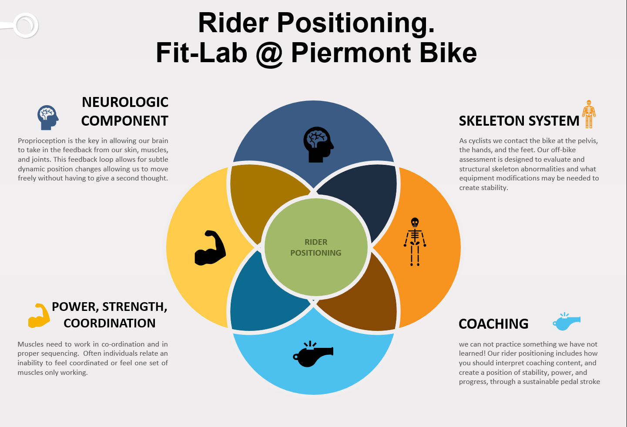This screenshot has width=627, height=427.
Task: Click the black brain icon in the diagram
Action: coord(318,144)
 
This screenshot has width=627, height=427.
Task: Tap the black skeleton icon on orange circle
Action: coord(415,242)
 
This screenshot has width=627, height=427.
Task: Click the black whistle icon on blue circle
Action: coord(313,354)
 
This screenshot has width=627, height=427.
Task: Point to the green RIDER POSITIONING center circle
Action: coord(316,247)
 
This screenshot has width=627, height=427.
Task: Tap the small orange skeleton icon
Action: coord(589,114)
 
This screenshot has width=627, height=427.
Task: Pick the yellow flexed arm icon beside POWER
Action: coord(39,315)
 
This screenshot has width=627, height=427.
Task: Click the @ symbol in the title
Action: coord(269,53)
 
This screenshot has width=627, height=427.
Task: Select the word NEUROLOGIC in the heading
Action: coord(125,102)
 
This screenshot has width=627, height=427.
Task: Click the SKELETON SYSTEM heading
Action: coord(519,121)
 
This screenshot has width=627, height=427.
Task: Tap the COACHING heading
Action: coord(493,324)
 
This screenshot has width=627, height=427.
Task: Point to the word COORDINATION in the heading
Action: coord(109,323)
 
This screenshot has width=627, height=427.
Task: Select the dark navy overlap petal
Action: coord(365,196)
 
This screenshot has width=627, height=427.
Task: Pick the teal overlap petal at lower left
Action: coord(261,300)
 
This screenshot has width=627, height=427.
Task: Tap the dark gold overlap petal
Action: coord(261,196)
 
